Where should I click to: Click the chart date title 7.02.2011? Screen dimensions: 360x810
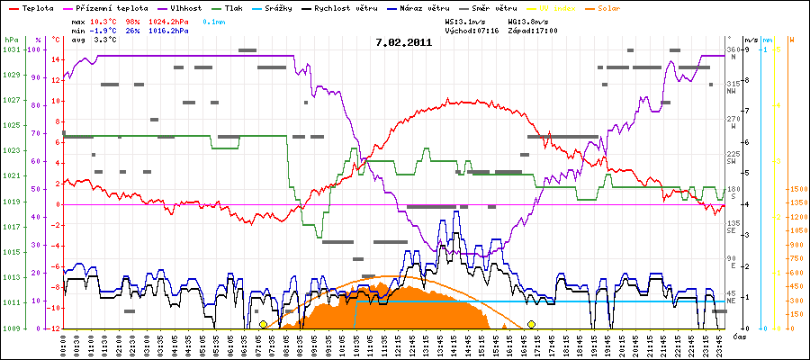(404, 41)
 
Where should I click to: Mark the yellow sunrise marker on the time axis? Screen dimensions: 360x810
(263, 324)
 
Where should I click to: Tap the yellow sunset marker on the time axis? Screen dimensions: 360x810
(532, 324)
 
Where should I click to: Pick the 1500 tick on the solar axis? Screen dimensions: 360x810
(796, 189)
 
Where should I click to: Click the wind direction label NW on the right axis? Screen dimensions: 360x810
(732, 91)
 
